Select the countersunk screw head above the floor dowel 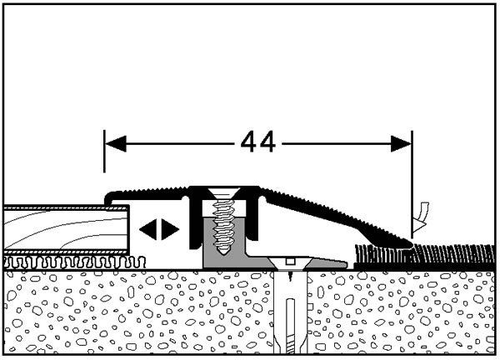click(x=288, y=266)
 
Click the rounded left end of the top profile click(x=108, y=196)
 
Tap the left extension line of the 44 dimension click(x=104, y=167)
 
